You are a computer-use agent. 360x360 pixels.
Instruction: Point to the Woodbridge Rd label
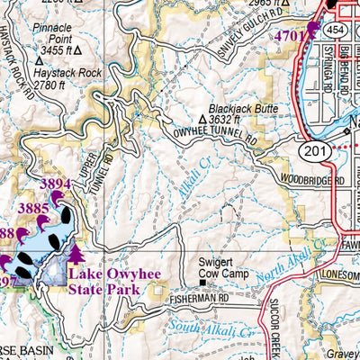[311, 181]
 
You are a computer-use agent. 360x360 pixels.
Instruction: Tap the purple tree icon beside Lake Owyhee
[76, 254]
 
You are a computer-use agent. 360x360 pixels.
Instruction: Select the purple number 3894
[57, 184]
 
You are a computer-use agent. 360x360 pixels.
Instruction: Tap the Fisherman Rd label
[202, 293]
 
